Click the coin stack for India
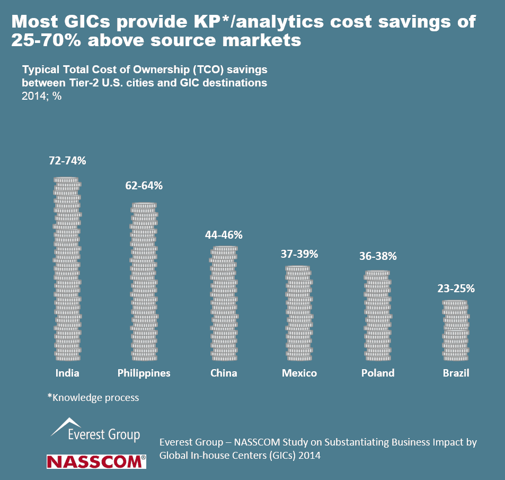coord(67,269)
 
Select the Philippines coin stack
coord(144,282)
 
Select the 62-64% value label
coord(144,186)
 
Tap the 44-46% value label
coord(224,234)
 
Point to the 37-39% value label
coord(299,254)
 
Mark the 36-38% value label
coord(378,256)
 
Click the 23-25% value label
coord(456,289)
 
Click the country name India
coord(67,373)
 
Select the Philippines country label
coord(144,373)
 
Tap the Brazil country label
coord(456,373)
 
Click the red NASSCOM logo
coord(96,461)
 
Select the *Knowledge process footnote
coord(93,397)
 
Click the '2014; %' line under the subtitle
coord(42,97)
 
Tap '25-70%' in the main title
coord(46,40)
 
